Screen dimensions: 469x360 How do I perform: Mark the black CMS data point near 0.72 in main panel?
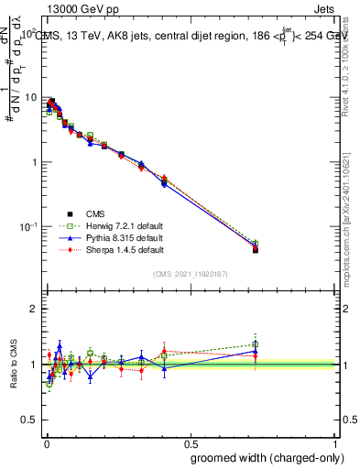point(256,249)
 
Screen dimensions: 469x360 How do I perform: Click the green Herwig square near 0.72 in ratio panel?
point(256,344)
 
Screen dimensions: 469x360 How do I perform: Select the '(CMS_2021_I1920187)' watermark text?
point(190,274)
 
